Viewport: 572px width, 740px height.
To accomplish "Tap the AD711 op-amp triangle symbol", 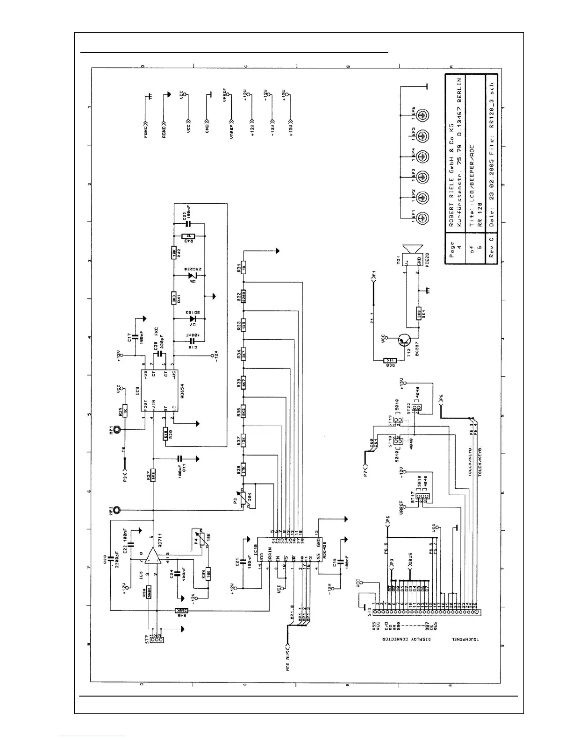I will pyautogui.click(x=151, y=556).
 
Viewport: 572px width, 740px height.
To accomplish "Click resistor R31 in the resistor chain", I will pyautogui.click(x=243, y=268).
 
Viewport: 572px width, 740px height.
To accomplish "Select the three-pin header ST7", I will pyautogui.click(x=156, y=637).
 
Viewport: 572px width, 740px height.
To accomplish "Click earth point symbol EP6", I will pyautogui.click(x=423, y=115).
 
